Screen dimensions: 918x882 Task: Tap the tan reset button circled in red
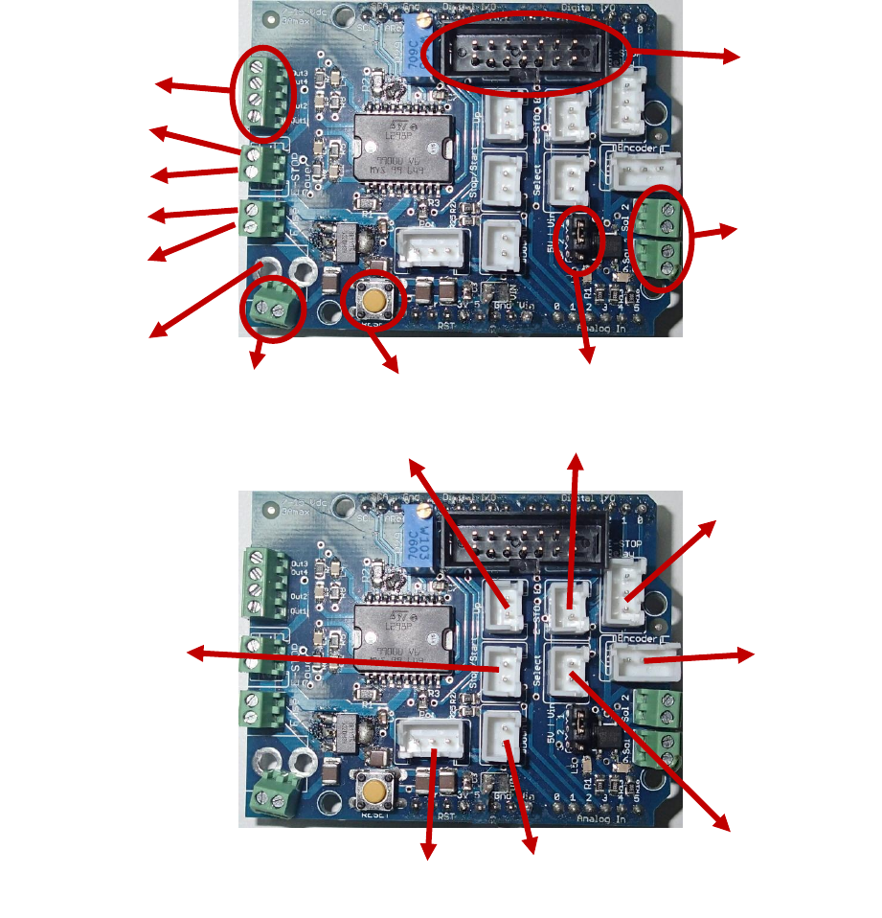pos(373,302)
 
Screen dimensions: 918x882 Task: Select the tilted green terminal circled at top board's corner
pos(273,309)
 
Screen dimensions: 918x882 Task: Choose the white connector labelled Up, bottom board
pos(506,606)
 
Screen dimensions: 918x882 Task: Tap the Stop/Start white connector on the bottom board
pos(504,668)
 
